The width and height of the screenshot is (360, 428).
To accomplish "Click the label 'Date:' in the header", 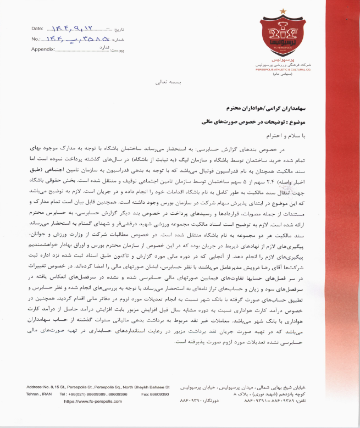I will coord(37,27).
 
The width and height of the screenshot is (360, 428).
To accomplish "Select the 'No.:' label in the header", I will coord(36,38).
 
